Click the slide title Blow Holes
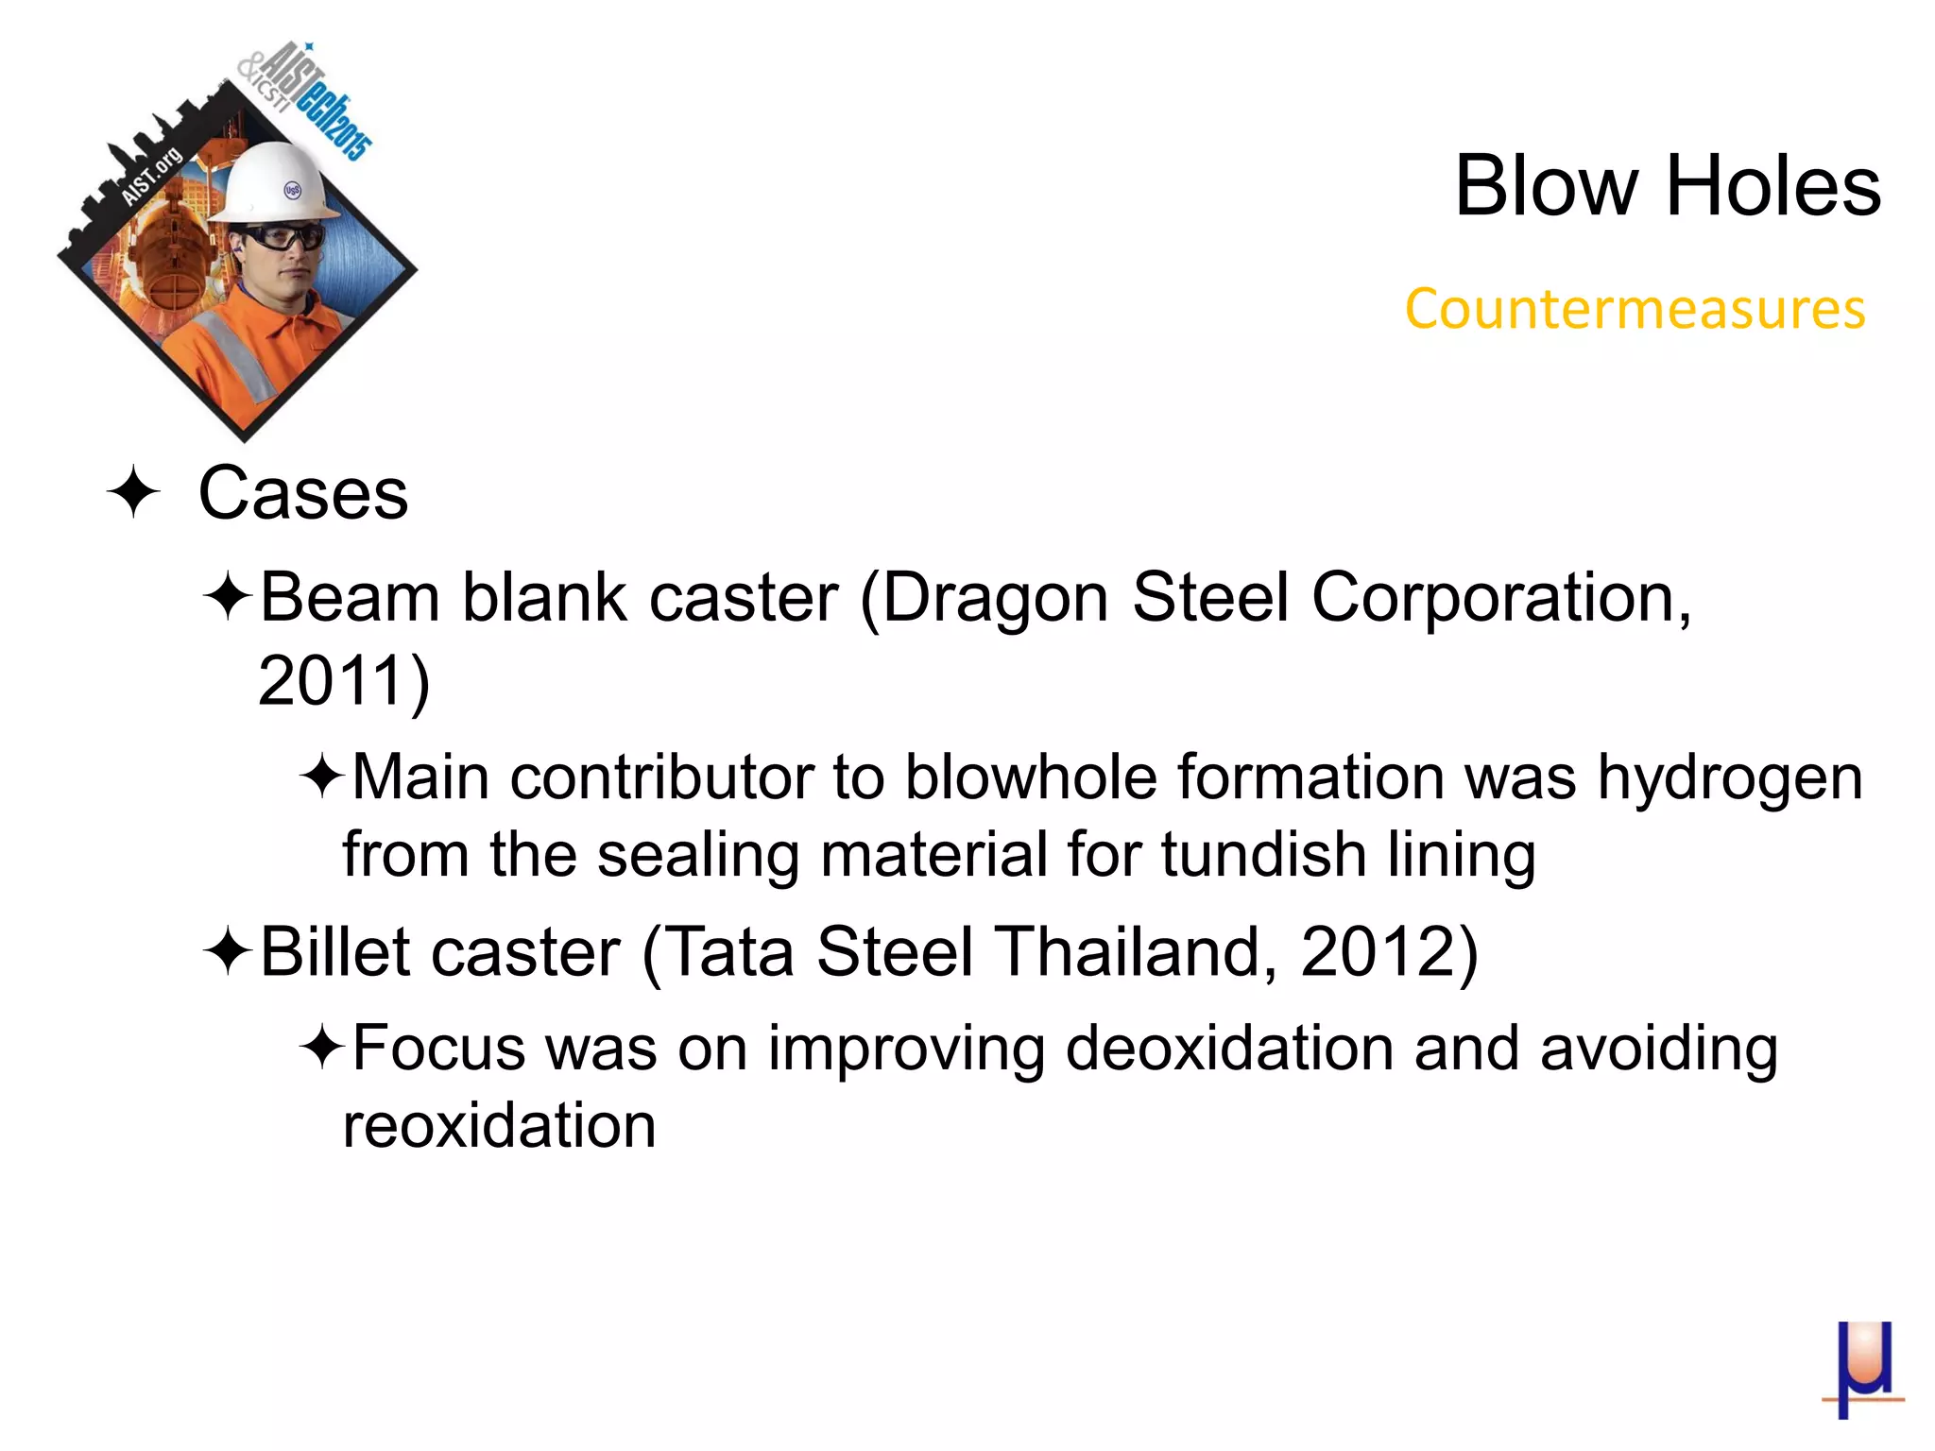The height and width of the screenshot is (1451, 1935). click(1667, 186)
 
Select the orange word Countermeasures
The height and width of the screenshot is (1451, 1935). click(1635, 309)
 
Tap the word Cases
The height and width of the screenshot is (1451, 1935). click(303, 493)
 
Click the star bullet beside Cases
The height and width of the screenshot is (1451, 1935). click(132, 492)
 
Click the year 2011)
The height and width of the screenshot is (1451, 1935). click(344, 680)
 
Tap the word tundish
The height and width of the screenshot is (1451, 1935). click(1263, 855)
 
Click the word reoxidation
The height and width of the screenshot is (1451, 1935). click(499, 1126)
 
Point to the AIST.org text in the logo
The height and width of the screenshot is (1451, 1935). click(151, 177)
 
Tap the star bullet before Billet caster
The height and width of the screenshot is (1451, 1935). click(227, 951)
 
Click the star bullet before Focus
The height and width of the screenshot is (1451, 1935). click(322, 1049)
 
